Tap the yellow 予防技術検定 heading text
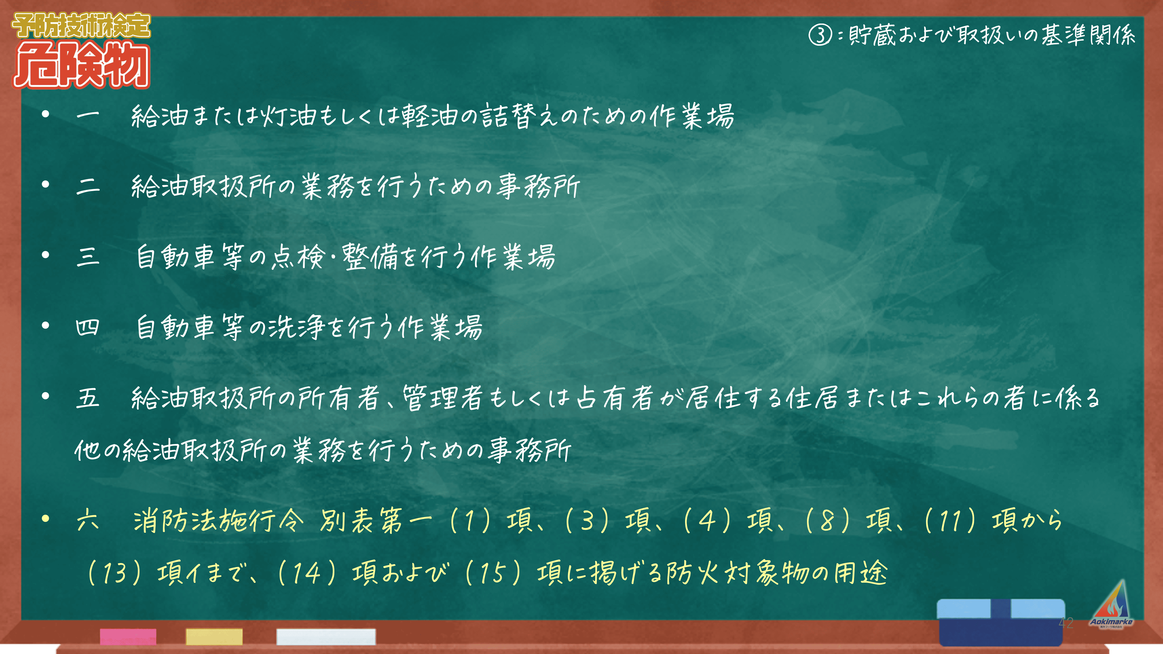coord(81,25)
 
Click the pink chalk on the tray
coord(128,636)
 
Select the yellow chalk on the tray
coord(214,636)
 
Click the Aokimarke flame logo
coord(1111,604)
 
